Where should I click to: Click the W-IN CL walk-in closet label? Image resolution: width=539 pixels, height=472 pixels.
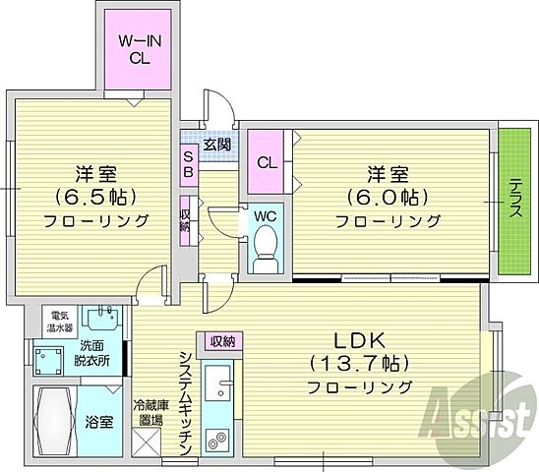[142, 48]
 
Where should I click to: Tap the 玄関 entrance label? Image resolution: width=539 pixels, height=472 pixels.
[217, 145]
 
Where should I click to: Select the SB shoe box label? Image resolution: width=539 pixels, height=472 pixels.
[188, 162]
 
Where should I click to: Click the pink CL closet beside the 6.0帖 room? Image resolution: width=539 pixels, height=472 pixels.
[267, 162]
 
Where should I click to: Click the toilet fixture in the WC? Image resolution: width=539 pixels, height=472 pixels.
[264, 251]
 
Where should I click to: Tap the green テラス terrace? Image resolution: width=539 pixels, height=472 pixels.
[514, 202]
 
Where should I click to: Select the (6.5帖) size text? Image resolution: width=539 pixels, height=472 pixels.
[93, 196]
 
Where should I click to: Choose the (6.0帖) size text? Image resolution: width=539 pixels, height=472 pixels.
[388, 197]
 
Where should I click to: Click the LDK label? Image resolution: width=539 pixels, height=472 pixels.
[359, 339]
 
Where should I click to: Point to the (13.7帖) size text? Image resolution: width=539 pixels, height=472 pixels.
[358, 361]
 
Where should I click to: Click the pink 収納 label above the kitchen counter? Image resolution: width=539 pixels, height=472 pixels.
[220, 341]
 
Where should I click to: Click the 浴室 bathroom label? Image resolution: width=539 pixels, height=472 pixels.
[98, 424]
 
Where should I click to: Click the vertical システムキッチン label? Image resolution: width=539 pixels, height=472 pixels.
[184, 403]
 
